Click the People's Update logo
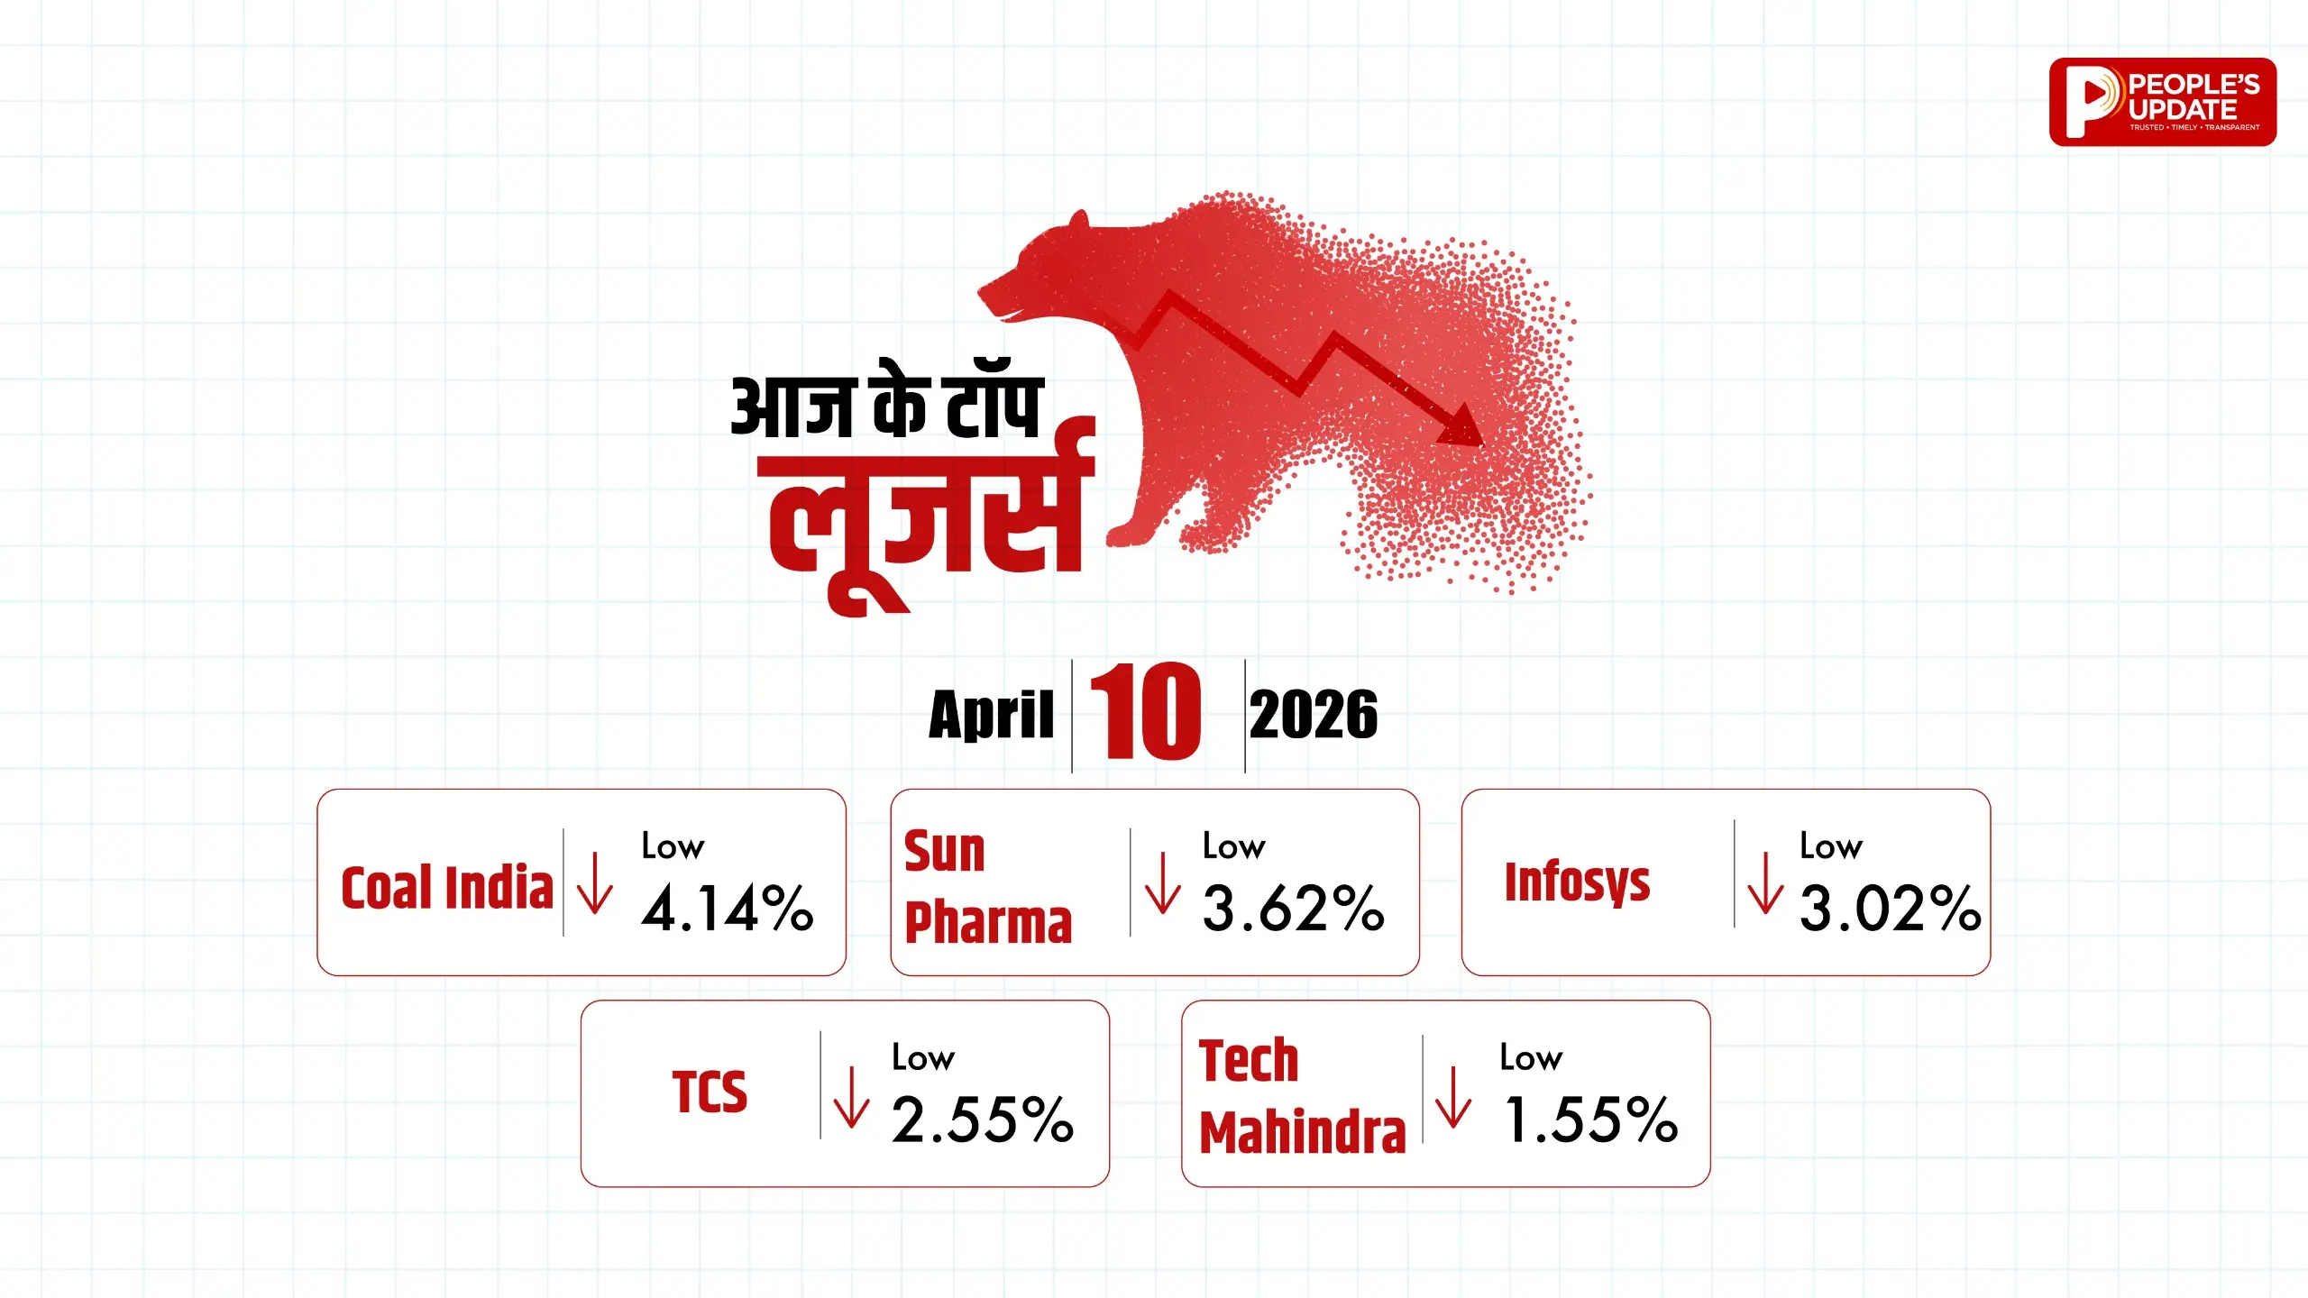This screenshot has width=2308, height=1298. point(2162,102)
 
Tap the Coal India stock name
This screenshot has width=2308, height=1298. point(447,887)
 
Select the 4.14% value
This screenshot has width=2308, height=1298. point(728,907)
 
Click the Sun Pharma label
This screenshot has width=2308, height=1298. point(988,887)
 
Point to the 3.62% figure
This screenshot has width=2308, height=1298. point(1294,907)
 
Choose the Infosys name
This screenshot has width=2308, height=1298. point(1578,882)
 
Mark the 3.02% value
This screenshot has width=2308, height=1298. point(1891,907)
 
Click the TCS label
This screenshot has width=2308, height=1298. point(710,1092)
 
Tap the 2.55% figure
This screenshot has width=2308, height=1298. point(983,1119)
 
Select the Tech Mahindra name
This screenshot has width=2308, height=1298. point(1303,1096)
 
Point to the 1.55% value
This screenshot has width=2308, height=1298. point(1591,1119)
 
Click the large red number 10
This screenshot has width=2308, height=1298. point(1146,710)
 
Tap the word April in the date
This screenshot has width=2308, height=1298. point(991,715)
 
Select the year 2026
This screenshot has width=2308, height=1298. point(1314,715)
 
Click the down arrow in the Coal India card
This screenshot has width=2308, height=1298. point(594,884)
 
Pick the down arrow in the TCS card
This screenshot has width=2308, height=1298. point(851,1097)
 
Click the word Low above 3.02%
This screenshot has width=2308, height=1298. point(1830,846)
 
